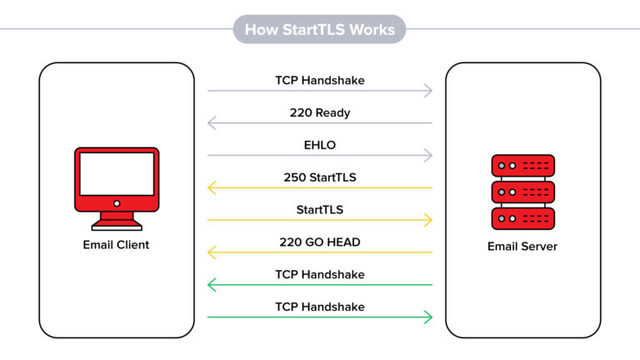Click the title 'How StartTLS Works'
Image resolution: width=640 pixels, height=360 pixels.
[x=320, y=29]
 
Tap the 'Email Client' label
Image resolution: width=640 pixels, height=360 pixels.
[x=116, y=244]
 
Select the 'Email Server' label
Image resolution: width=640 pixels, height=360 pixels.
[x=522, y=246]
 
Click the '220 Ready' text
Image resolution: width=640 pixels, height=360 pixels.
[x=320, y=112]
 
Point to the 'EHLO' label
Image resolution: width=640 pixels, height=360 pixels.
[x=320, y=145]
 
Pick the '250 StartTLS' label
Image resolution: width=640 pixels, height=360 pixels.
[x=320, y=177]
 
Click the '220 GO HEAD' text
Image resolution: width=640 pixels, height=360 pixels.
[x=320, y=242]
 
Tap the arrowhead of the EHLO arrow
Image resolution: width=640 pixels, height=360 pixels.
[x=429, y=155]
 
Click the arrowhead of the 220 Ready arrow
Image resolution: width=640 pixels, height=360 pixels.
[x=211, y=122]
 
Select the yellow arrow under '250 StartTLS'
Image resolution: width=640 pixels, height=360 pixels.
[x=320, y=187]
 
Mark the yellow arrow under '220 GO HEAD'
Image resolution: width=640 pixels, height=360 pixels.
[x=320, y=252]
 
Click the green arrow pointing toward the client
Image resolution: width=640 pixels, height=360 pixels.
[x=320, y=284]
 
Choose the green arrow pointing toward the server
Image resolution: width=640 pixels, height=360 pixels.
[x=320, y=317]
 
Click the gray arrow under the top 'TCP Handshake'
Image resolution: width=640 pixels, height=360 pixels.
[x=320, y=91]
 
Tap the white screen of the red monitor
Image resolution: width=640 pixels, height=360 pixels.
[x=117, y=174]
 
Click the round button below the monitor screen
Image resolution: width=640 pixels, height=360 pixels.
[x=117, y=203]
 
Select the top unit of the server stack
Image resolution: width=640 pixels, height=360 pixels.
[x=522, y=166]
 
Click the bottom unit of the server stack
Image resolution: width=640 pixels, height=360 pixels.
[x=522, y=218]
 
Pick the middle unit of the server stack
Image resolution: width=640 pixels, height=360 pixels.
[x=522, y=192]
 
